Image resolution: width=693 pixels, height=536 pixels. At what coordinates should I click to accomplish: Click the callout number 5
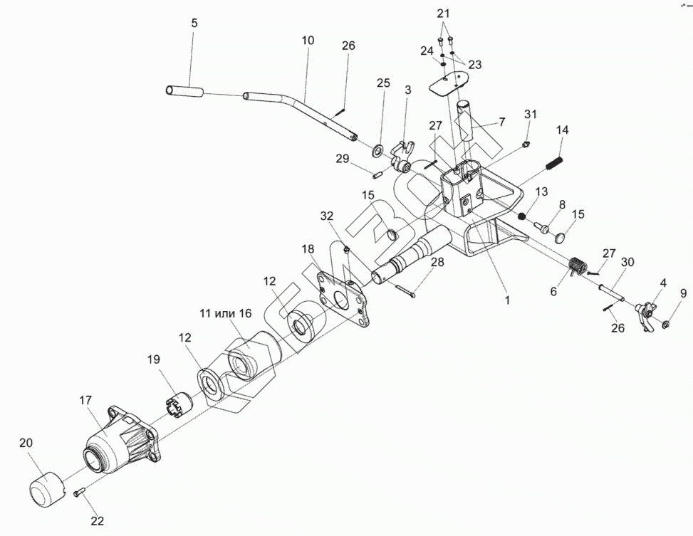click(x=194, y=23)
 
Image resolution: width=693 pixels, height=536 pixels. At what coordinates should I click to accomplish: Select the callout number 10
click(x=307, y=41)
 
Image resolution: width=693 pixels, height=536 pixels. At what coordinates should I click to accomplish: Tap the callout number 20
click(x=26, y=443)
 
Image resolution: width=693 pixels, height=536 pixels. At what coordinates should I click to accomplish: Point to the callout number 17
click(x=85, y=401)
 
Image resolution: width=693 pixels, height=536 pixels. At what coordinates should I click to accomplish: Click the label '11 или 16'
click(x=225, y=312)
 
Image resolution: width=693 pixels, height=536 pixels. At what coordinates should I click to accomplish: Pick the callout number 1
click(x=507, y=300)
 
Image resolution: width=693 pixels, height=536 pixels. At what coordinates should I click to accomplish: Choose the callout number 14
click(x=563, y=130)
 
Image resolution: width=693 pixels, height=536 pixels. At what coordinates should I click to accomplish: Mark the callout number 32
click(x=326, y=216)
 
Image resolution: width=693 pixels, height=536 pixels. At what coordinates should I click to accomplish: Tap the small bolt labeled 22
click(x=78, y=491)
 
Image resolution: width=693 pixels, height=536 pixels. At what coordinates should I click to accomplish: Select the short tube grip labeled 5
click(x=184, y=91)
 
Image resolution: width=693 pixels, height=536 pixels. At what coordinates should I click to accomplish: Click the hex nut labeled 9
click(x=665, y=325)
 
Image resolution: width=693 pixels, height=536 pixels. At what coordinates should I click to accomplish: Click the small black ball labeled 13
click(x=521, y=216)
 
